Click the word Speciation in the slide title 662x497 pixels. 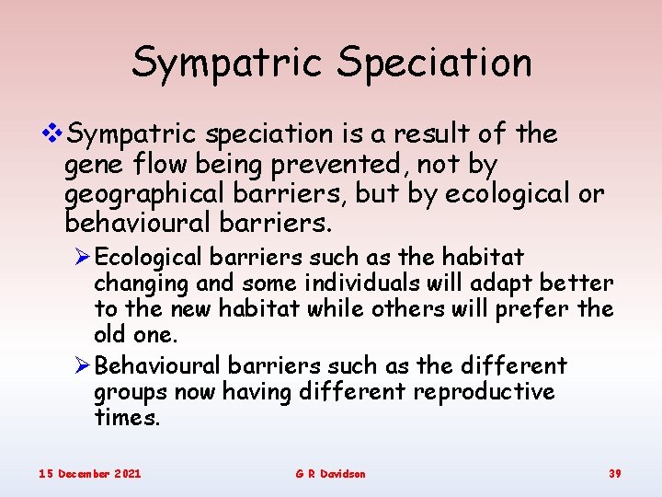pos(434,63)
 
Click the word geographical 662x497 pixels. pos(144,195)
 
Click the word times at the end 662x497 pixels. pos(127,418)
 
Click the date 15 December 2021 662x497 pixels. pos(89,473)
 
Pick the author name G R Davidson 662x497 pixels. pos(330,473)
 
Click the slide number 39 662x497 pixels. pos(614,473)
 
